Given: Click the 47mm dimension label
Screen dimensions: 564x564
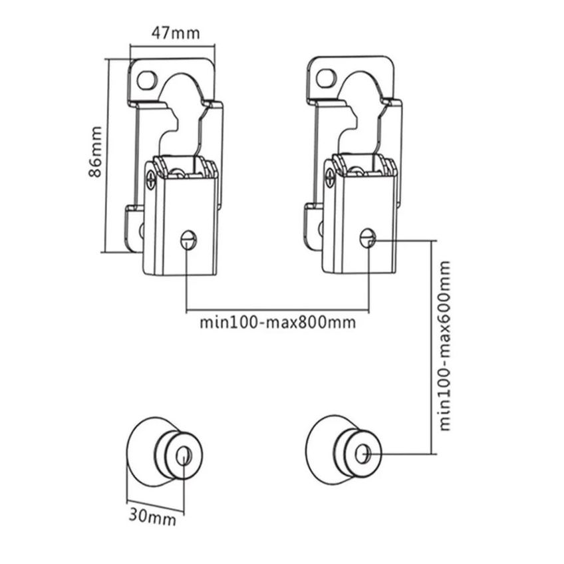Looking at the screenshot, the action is tap(175, 33).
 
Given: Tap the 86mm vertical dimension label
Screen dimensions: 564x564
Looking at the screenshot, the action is tap(95, 152).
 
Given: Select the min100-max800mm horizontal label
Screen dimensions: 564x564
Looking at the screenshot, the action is tap(278, 323).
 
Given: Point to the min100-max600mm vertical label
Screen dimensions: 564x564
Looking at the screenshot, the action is tap(445, 346).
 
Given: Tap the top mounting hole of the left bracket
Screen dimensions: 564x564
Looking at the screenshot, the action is tap(147, 80).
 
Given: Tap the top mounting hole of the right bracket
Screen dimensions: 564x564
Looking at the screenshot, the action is tap(327, 78).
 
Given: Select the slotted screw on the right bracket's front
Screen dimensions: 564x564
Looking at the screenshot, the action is tap(368, 237).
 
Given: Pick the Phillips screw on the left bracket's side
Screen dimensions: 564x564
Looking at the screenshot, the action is tap(151, 179).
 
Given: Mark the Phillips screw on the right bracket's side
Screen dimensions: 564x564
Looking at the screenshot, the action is tap(329, 177).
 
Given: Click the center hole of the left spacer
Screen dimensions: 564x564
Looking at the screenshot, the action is tap(182, 456).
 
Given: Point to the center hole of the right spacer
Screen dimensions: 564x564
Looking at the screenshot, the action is tap(362, 454).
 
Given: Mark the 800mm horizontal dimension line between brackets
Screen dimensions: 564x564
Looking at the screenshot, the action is tap(277, 309).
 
